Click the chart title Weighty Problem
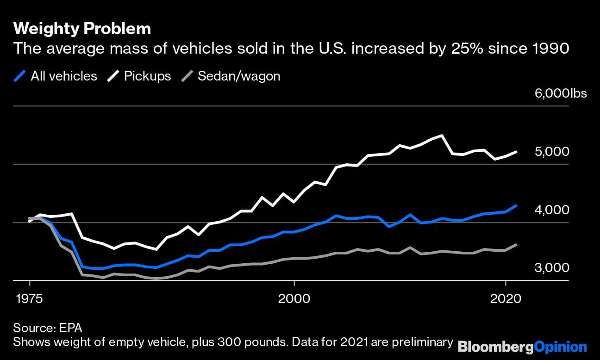82,29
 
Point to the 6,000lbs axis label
561,93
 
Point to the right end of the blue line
516,205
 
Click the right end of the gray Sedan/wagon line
516,245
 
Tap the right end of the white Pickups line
516,152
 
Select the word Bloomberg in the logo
494,347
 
